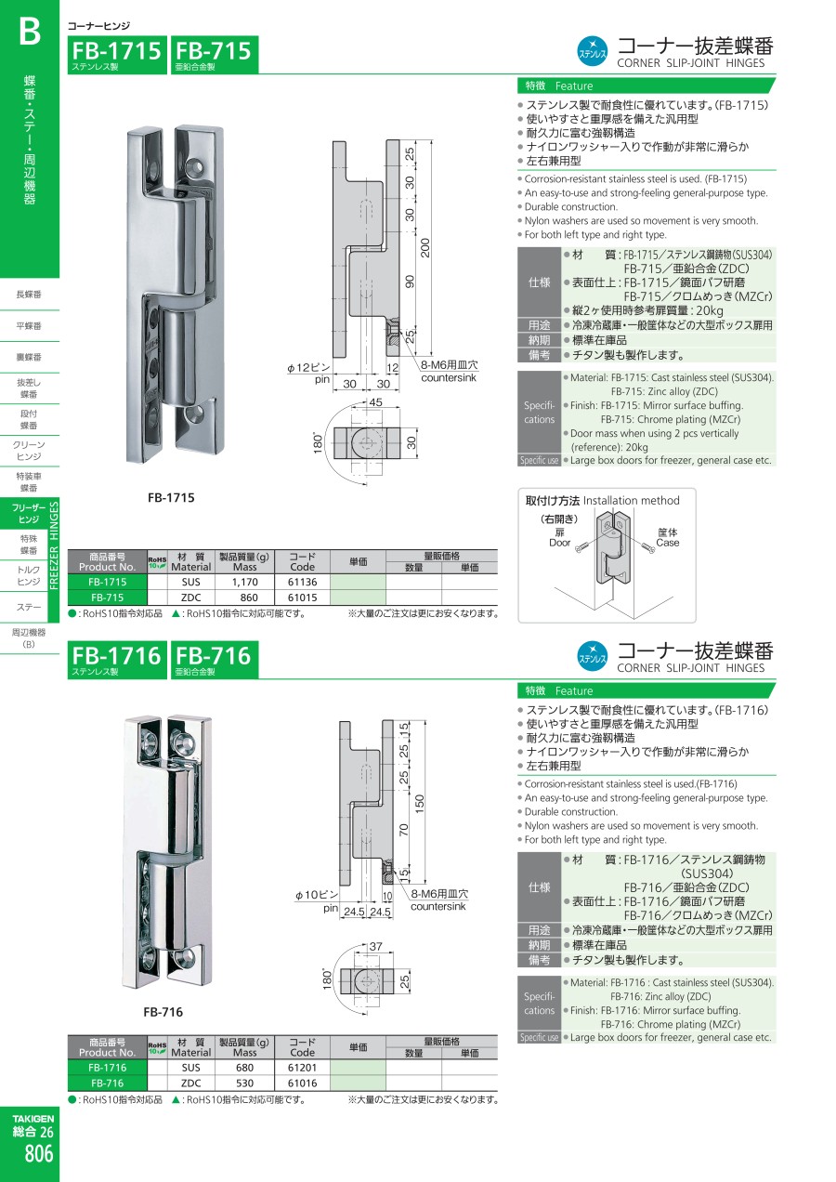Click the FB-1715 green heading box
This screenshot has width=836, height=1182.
pyautogui.click(x=117, y=55)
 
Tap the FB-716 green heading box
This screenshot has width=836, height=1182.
pyautogui.click(x=215, y=660)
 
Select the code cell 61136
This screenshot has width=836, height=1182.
pyautogui.click(x=302, y=582)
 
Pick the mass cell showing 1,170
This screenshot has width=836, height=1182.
pyautogui.click(x=244, y=582)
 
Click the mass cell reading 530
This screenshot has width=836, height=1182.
pyautogui.click(x=244, y=1083)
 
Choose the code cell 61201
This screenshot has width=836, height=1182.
pyautogui.click(x=302, y=1068)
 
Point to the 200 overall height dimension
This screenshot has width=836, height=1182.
pyautogui.click(x=425, y=247)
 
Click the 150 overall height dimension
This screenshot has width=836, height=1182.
pyautogui.click(x=420, y=804)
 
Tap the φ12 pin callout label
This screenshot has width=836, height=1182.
pyautogui.click(x=308, y=368)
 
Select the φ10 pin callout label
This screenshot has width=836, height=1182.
pyautogui.click(x=317, y=895)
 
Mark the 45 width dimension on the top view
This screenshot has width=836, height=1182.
pyautogui.click(x=375, y=402)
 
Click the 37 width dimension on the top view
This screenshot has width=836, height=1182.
pyautogui.click(x=375, y=946)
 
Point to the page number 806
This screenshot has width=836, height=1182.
pyautogui.click(x=39, y=1153)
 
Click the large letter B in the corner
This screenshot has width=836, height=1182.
pyautogui.click(x=30, y=31)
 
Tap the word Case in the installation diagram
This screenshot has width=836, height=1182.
pyautogui.click(x=667, y=543)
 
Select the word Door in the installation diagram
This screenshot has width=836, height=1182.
pyautogui.click(x=559, y=543)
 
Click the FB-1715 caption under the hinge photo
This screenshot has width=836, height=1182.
pyautogui.click(x=171, y=497)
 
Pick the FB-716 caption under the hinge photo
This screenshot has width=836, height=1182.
pyautogui.click(x=163, y=1012)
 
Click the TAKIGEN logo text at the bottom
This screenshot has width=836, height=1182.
pyautogui.click(x=33, y=1119)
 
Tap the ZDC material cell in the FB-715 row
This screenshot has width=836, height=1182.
pyautogui.click(x=191, y=598)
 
